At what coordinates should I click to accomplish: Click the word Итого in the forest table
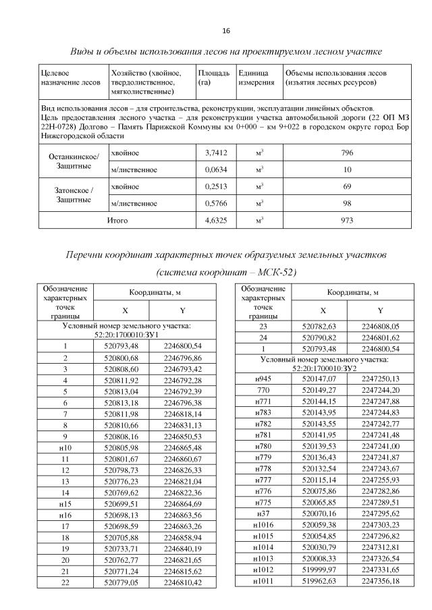pyautogui.click(x=117, y=220)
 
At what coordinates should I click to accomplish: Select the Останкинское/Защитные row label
pyautogui.click(x=74, y=162)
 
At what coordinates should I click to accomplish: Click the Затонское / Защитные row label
pyautogui.click(x=74, y=195)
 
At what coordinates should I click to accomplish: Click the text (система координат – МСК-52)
pyautogui.click(x=225, y=273)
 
